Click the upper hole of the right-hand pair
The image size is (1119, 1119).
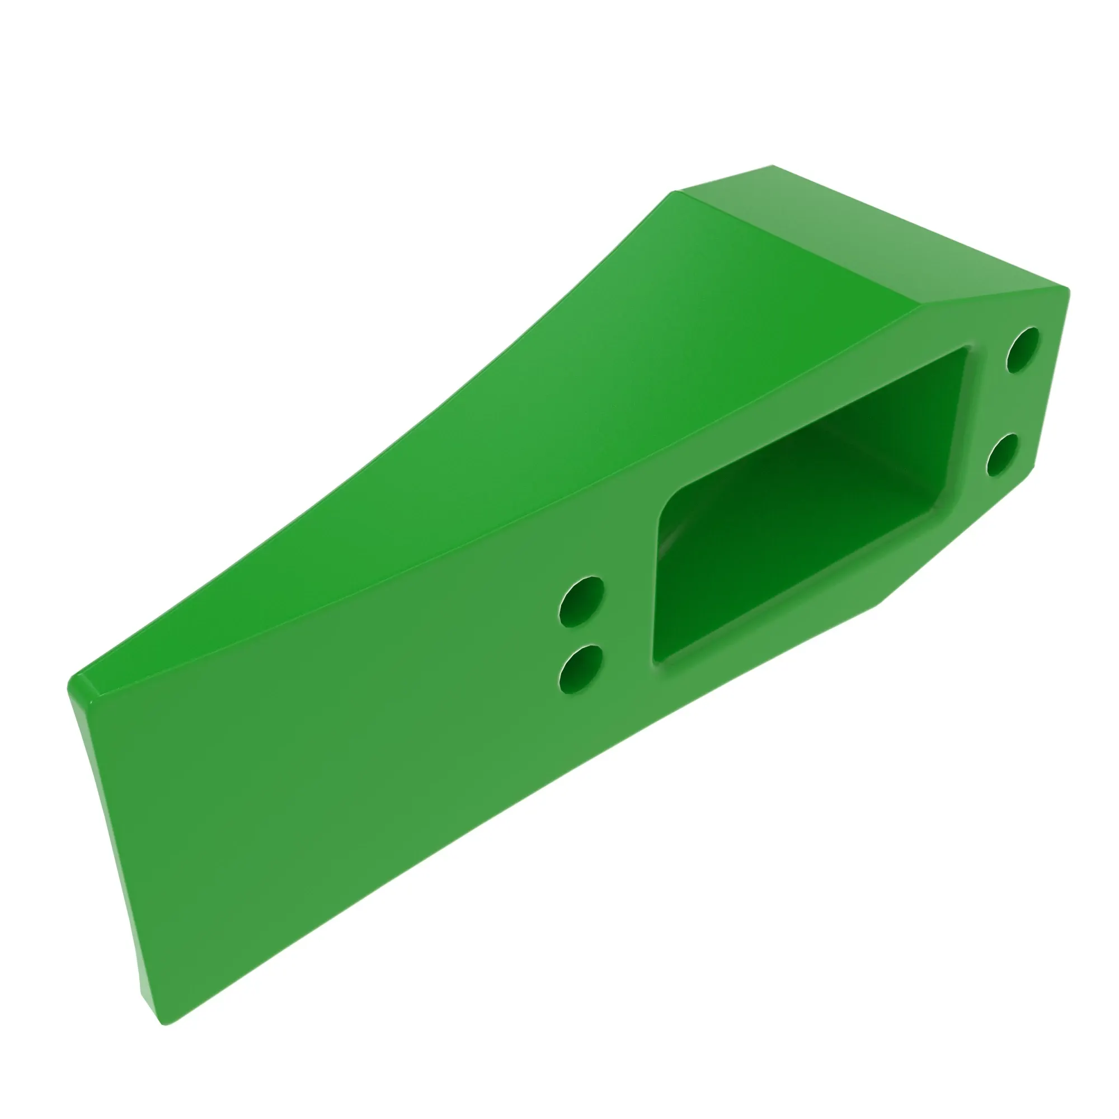click(1023, 350)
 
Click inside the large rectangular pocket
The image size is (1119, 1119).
click(811, 510)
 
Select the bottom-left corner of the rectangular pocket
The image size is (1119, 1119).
click(657, 659)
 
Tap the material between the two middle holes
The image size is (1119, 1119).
click(581, 636)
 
